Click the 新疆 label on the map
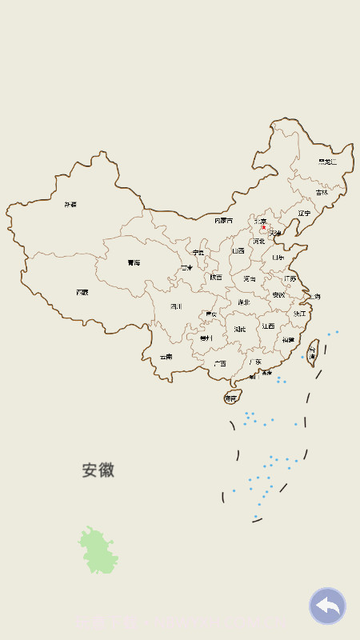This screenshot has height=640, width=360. [x=71, y=205]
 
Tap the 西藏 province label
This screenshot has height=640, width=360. [x=82, y=293]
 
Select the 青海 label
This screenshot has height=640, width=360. [x=134, y=262]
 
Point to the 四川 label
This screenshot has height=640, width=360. [x=176, y=306]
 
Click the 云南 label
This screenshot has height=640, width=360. [x=166, y=357]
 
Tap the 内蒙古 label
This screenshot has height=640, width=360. [x=224, y=220]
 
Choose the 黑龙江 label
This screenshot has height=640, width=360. [x=327, y=162]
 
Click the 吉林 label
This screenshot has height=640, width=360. [x=322, y=192]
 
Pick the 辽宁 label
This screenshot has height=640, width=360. [x=304, y=214]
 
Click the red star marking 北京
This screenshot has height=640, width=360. [x=263, y=227]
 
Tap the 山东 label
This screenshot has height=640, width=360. [x=278, y=258]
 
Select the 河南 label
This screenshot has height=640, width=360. [x=250, y=279]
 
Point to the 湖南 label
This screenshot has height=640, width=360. [x=240, y=329]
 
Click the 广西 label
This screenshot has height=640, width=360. [x=219, y=363]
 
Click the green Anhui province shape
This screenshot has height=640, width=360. [x=98, y=551]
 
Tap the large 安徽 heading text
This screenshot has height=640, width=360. [x=98, y=470]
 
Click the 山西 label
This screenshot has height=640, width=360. [x=238, y=251]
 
